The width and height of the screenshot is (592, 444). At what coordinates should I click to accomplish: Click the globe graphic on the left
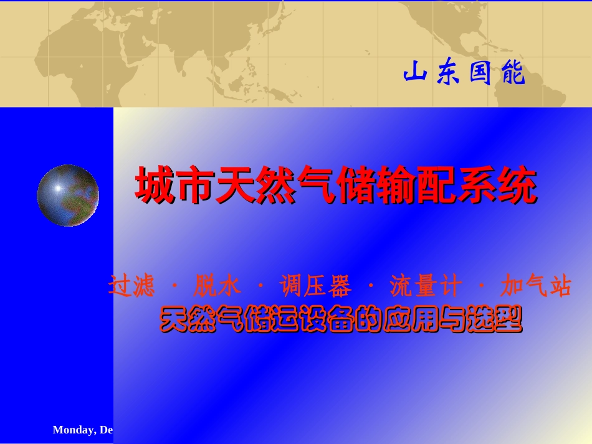[68, 196]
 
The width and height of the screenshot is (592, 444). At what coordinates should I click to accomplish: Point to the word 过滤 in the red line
[131, 287]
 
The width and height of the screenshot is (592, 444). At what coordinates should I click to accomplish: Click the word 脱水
[217, 287]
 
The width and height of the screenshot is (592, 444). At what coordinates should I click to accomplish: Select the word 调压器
[316, 287]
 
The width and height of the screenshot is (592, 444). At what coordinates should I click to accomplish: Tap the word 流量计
[426, 287]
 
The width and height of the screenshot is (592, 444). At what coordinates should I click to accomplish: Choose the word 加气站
[536, 287]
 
